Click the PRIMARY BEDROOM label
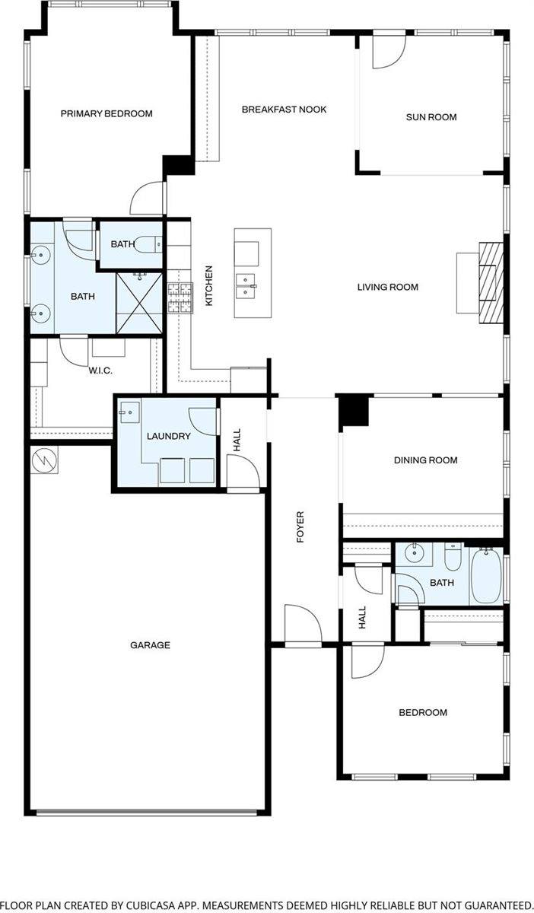(106, 114)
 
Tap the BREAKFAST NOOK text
(284, 110)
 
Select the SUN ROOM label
(431, 117)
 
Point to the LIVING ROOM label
(388, 288)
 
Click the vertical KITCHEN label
(208, 286)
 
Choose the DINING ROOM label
(425, 460)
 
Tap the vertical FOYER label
(300, 527)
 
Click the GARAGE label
(150, 645)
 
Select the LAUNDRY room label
(168, 436)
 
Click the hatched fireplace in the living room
(491, 283)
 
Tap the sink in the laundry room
(128, 413)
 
